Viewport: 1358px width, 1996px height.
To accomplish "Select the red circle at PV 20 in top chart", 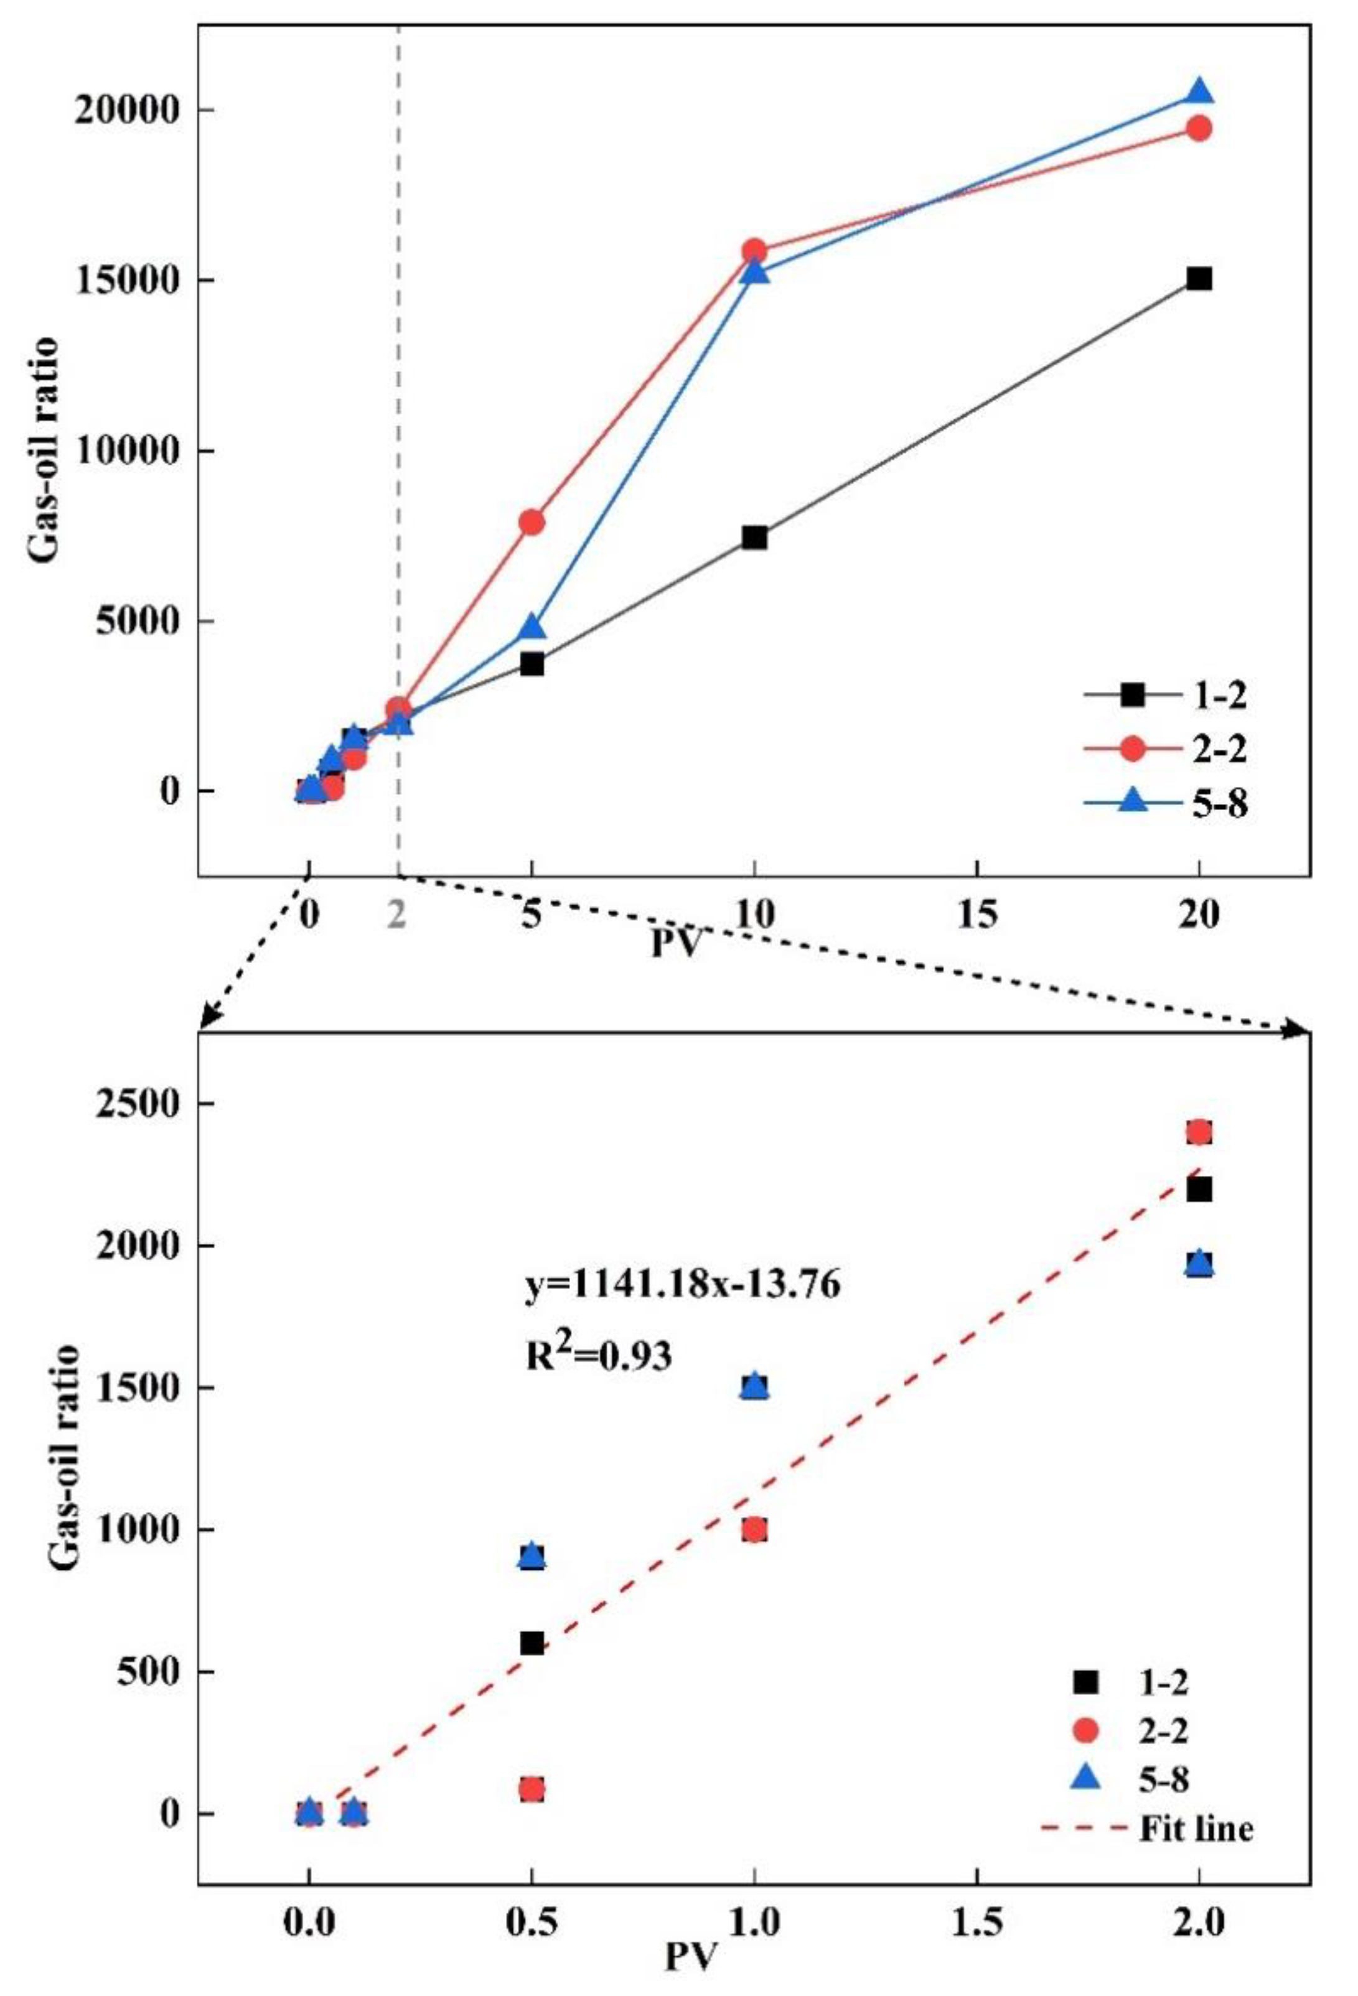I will click(x=1199, y=128).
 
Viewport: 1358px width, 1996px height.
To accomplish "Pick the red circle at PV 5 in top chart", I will click(x=531, y=521).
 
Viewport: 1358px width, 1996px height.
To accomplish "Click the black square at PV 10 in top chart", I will click(x=754, y=538).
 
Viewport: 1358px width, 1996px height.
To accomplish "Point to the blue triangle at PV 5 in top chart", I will click(x=531, y=627).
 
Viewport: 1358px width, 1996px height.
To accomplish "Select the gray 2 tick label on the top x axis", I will click(x=396, y=915).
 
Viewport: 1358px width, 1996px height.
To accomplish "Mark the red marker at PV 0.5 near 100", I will click(x=531, y=1766).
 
